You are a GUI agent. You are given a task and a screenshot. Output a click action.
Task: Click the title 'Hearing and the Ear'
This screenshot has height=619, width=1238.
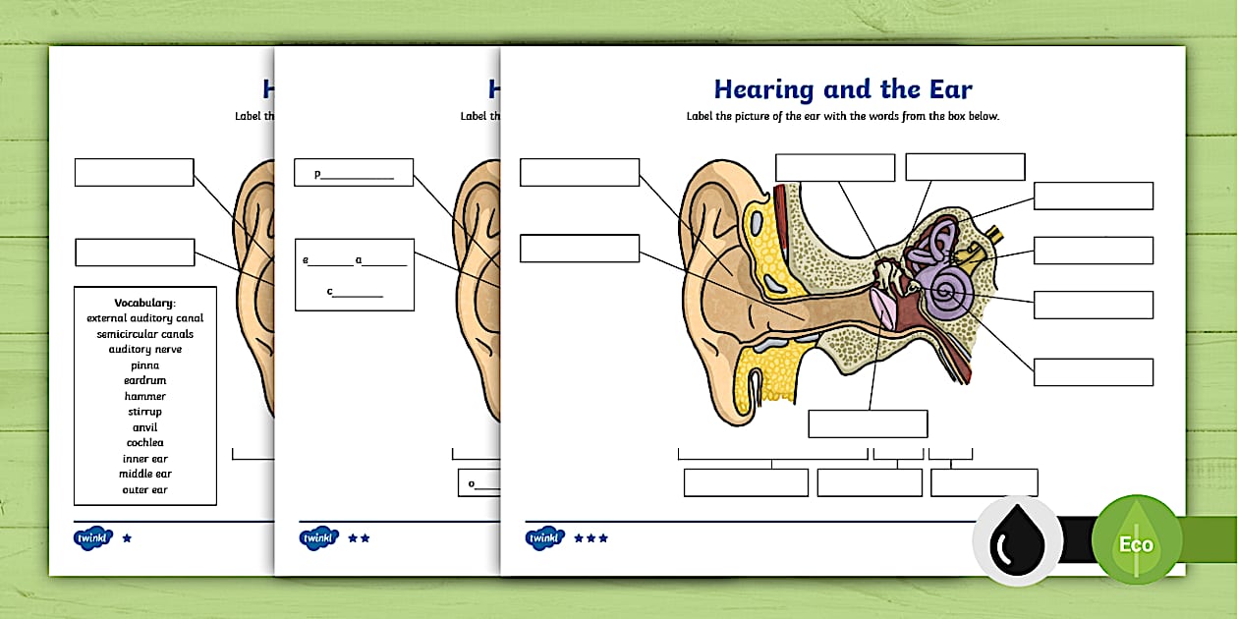842,89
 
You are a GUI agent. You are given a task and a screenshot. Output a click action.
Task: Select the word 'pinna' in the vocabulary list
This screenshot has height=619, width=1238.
144,366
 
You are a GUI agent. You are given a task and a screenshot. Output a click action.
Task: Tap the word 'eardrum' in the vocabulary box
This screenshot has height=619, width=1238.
144,381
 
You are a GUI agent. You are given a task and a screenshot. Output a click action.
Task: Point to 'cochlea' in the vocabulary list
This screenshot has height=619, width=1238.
144,443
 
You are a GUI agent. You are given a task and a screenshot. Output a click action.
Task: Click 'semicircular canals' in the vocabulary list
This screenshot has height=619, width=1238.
144,334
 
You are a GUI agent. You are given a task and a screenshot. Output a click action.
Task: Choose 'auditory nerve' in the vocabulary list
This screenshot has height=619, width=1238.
144,350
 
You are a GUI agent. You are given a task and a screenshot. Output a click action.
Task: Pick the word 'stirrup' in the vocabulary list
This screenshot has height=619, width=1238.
144,412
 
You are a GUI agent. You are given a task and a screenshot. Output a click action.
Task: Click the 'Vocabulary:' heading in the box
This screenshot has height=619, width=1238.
144,303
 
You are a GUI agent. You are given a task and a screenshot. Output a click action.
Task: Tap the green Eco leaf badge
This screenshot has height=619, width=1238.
1137,541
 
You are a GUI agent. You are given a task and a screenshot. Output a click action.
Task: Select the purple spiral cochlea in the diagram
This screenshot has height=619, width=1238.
949,292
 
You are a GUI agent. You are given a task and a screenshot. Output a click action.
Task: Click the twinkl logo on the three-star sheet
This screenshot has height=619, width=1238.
544,538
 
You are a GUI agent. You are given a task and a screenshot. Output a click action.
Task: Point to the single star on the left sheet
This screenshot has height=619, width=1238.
126,538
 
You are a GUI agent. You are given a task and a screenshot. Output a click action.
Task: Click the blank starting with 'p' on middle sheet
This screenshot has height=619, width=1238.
354,174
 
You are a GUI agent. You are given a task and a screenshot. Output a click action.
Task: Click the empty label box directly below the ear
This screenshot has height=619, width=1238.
868,423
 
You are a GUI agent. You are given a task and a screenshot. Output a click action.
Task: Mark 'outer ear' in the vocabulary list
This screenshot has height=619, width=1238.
144,490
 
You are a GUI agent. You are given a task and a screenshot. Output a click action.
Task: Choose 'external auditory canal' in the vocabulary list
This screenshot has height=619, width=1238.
144,318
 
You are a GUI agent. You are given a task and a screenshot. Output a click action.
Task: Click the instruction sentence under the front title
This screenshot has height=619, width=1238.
842,117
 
